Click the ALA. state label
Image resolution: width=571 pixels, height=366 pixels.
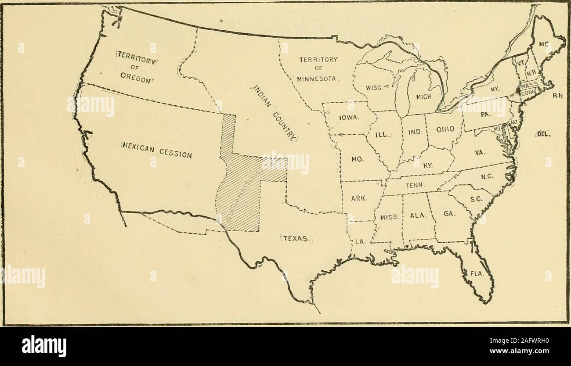click(x=415, y=216)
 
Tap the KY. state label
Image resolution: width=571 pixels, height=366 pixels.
click(x=429, y=165)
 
